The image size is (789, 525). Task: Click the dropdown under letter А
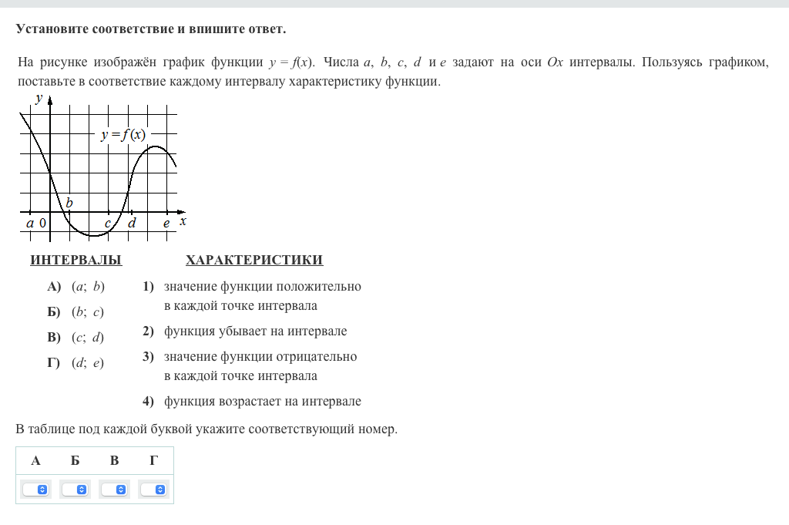click(x=35, y=490)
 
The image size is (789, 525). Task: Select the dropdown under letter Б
click(x=76, y=490)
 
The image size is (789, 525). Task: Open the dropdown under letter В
click(x=115, y=490)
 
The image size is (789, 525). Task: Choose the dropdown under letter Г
click(x=154, y=490)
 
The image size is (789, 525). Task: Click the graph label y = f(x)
click(x=123, y=135)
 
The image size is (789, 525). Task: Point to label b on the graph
click(x=69, y=204)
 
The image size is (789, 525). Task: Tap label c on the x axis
click(x=109, y=223)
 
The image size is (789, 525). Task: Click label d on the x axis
click(x=132, y=223)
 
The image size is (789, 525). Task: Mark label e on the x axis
click(x=166, y=223)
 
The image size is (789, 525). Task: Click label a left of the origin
click(x=30, y=223)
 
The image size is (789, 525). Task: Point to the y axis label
click(x=39, y=98)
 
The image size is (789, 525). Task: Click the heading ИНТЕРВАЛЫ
click(x=76, y=261)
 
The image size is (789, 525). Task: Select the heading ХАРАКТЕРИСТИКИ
click(x=254, y=261)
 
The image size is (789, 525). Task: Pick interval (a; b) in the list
click(x=88, y=287)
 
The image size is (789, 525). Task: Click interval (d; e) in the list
click(x=88, y=363)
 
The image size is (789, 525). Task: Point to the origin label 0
click(x=42, y=224)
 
